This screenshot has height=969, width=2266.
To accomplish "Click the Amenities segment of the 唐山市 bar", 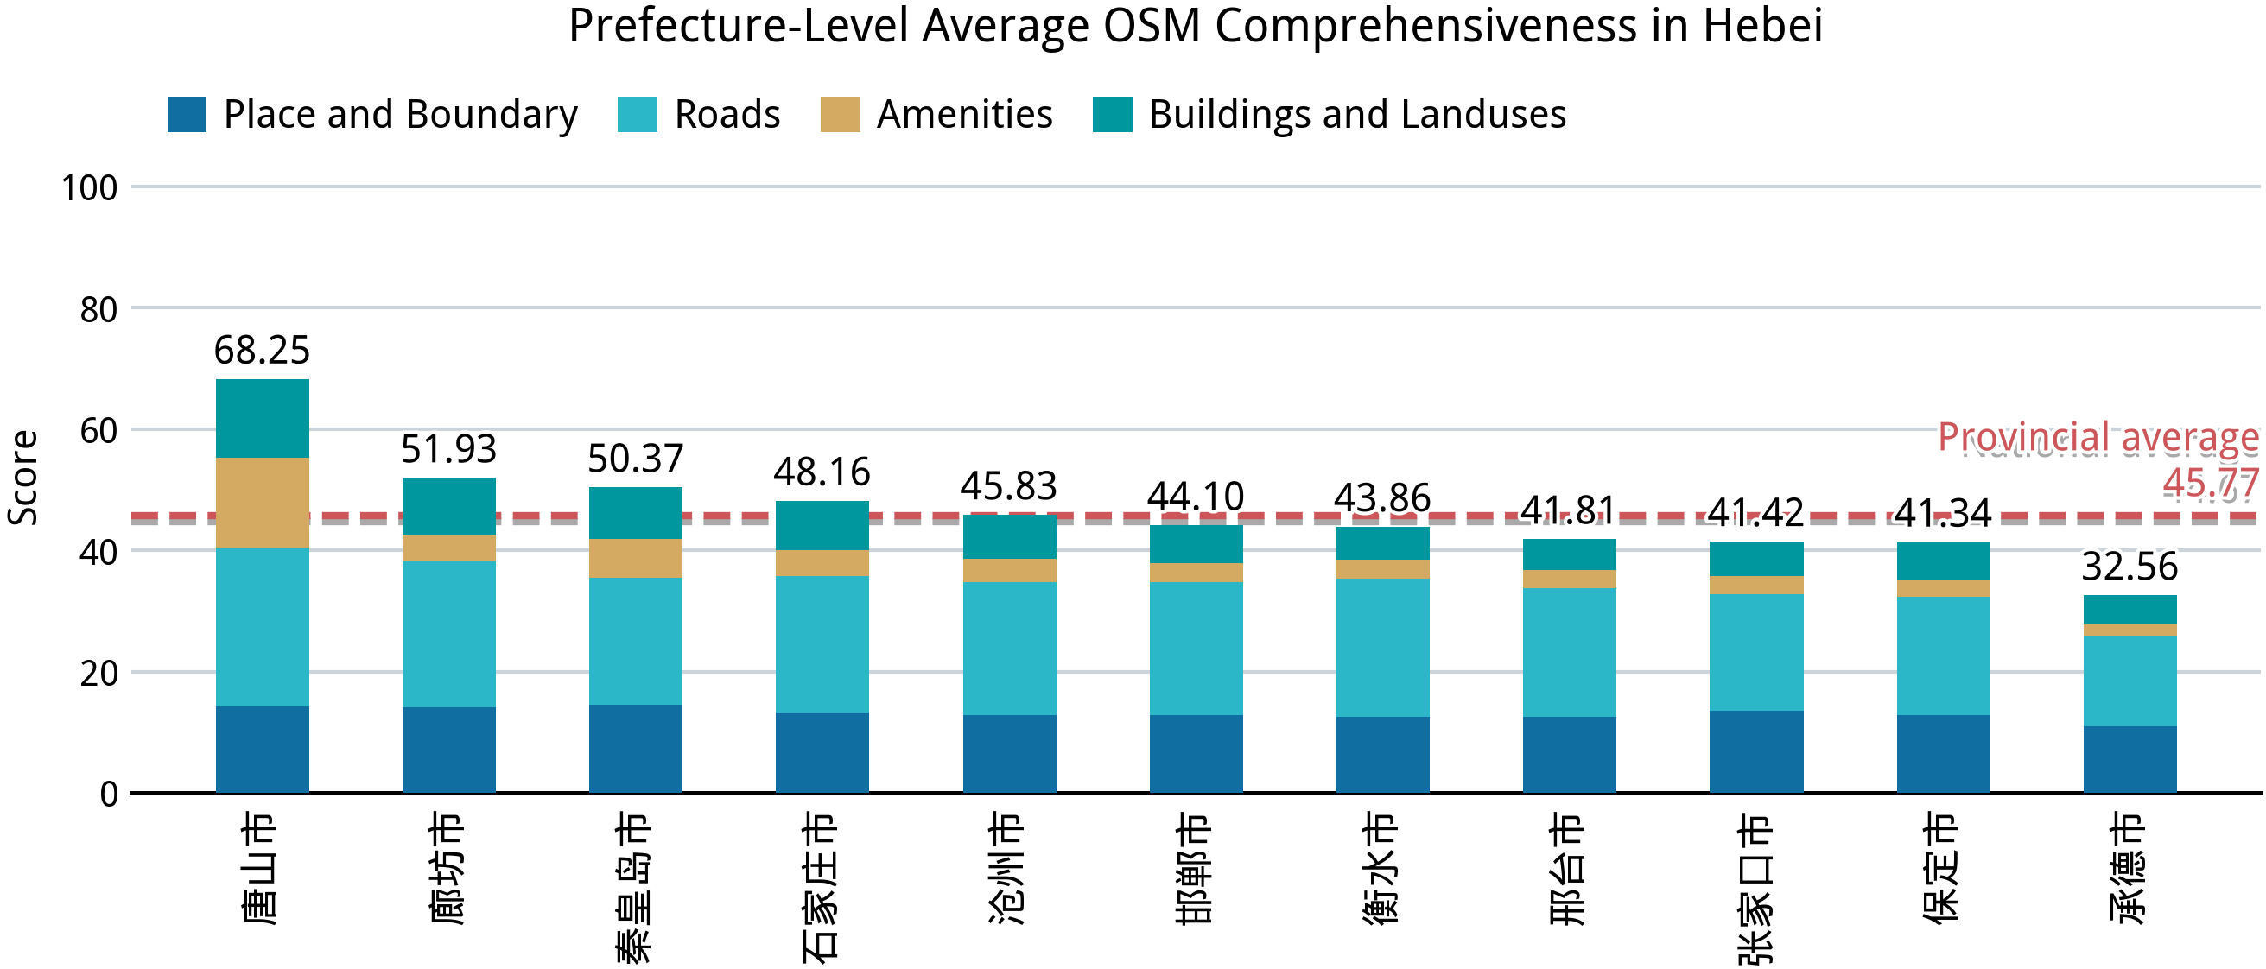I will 262,502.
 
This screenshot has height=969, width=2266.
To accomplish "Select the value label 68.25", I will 262,350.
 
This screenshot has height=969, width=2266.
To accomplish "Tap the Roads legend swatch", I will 637,114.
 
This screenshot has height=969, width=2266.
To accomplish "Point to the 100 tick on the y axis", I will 89,188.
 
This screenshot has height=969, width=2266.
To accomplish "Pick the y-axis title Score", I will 23,478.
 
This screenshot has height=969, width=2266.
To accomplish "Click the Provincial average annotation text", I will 2098,437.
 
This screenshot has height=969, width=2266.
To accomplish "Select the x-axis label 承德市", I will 2129,868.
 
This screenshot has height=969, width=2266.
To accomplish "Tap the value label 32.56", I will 2129,567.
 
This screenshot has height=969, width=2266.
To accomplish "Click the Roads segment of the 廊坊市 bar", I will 448,634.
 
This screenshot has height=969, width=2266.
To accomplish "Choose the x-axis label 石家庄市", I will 822,886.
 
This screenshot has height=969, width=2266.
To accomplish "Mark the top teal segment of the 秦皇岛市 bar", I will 635,513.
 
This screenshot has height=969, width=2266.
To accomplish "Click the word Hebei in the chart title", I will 1762,26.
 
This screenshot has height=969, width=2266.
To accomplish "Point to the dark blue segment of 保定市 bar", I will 1942,754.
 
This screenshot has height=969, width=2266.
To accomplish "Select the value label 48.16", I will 822,472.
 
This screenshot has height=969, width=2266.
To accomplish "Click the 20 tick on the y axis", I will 98,674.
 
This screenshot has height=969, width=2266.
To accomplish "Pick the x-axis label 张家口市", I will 1755,888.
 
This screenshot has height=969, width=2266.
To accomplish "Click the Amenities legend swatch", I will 840,114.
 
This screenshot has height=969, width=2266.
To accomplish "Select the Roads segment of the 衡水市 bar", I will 1382,647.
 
